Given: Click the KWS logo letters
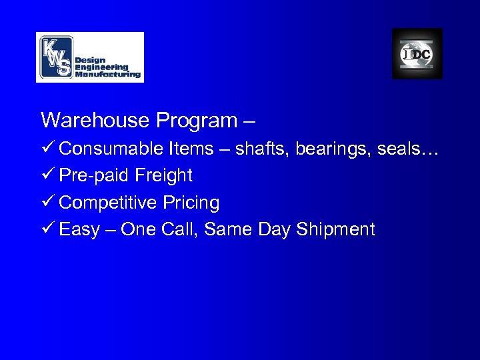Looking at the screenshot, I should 56,57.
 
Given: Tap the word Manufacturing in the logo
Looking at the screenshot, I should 108,75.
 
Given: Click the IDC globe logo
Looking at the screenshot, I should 417,54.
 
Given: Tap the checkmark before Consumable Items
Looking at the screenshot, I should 47,148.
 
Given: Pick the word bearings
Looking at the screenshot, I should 335,149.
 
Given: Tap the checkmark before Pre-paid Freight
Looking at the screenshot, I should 47,175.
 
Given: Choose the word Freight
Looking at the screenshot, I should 163,175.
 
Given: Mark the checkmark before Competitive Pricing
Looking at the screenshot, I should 47,202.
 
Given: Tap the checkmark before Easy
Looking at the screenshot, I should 47,229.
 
